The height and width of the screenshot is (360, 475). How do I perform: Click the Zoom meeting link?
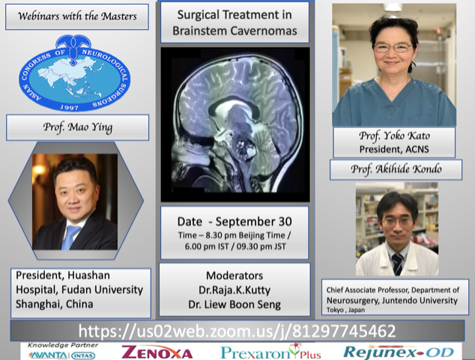click(237, 331)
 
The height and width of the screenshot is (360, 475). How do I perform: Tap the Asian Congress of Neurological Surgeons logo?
click(74, 73)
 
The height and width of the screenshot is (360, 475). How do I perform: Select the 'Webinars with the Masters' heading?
click(77, 16)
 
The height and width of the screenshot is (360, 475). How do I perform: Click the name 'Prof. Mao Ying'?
click(78, 127)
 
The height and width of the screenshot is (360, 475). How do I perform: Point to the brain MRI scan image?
click(235, 124)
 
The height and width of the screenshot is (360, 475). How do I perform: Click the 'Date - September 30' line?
click(235, 222)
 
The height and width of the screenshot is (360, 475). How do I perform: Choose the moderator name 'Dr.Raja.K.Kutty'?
click(235, 290)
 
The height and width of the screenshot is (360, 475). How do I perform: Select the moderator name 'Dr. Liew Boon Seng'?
click(235, 305)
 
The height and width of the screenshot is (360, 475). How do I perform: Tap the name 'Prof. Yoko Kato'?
click(394, 135)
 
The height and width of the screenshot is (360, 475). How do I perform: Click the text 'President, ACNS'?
click(394, 149)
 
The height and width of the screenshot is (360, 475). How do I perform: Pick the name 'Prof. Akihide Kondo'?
click(396, 169)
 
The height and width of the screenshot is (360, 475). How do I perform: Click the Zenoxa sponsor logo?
click(157, 352)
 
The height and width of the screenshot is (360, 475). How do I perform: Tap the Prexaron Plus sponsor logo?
click(270, 352)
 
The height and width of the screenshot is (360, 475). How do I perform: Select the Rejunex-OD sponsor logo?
click(399, 352)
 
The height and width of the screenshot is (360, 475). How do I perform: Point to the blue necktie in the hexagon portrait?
click(70, 237)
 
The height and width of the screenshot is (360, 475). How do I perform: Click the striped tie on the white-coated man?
click(397, 264)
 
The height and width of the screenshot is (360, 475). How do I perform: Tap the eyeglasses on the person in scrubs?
click(393, 48)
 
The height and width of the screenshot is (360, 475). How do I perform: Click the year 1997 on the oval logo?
click(69, 107)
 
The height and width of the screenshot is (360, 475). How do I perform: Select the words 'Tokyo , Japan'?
click(345, 310)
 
